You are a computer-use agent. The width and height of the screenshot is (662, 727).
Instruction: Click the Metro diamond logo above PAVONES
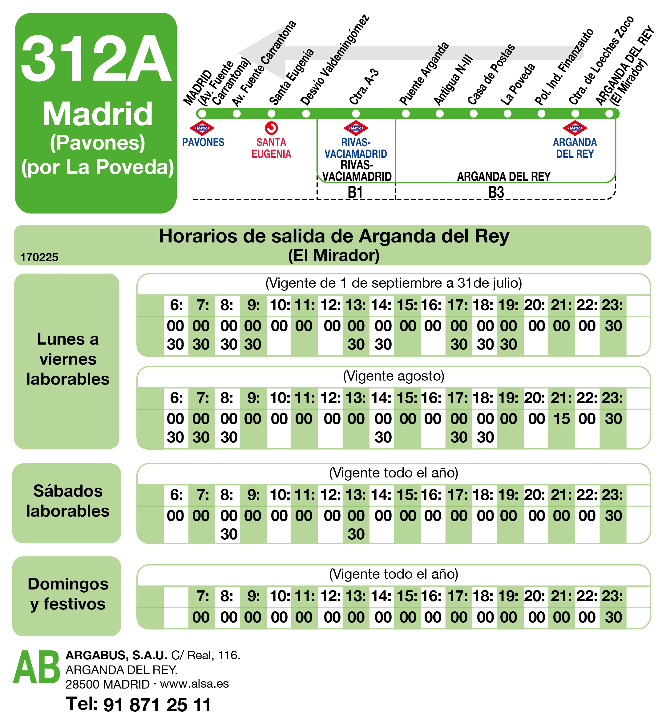[x=202, y=128]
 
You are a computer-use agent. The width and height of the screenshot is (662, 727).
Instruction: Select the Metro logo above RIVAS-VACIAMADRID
[x=356, y=128]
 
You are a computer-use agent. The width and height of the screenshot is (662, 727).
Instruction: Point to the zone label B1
[x=355, y=192]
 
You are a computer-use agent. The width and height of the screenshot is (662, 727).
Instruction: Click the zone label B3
[x=496, y=192]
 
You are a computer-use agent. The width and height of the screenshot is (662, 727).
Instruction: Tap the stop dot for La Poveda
[x=507, y=114]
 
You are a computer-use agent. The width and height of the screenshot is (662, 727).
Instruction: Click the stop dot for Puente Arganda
[x=406, y=114]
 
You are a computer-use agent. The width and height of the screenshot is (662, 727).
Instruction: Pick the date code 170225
[x=39, y=257]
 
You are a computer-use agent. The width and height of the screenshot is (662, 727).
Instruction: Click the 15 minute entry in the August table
[x=562, y=419]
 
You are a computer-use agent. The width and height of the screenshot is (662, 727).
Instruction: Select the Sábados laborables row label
[x=68, y=501]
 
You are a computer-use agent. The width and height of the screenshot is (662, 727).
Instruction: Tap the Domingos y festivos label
[x=68, y=593]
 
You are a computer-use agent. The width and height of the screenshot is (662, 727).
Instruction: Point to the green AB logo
[x=36, y=668]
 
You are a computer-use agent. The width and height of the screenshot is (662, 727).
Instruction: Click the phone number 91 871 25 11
[x=157, y=705]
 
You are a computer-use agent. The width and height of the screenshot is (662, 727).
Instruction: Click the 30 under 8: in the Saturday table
[x=229, y=534]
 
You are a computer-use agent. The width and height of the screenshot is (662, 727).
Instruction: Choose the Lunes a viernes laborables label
[x=68, y=359]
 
